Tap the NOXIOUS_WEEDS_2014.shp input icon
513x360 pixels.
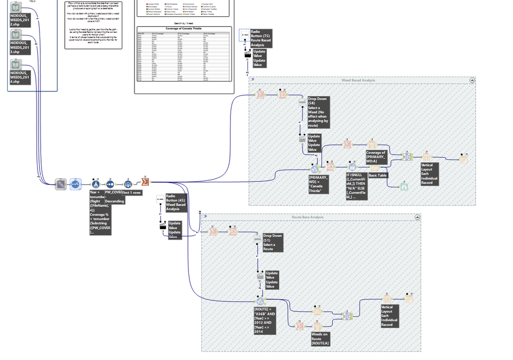point(16,65)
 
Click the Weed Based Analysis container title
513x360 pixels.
point(358,80)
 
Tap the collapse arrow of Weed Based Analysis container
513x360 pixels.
point(472,80)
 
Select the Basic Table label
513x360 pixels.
point(378,175)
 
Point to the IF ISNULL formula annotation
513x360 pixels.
point(355,186)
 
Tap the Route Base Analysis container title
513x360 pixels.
point(308,217)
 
